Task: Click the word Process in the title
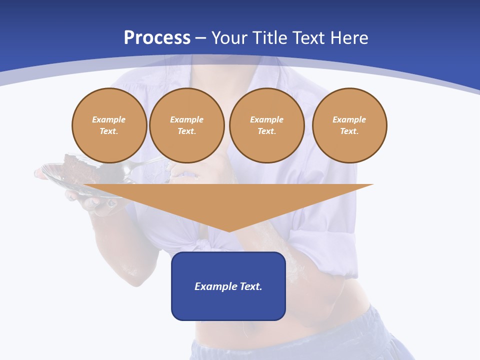pos(157,38)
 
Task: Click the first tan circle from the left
pos(109,125)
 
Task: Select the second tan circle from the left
pos(186,125)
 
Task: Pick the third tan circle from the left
pos(266,125)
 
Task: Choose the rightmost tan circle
pos(349,125)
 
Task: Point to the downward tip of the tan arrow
pos(228,230)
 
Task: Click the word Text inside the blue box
pos(250,286)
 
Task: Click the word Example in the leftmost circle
pos(109,119)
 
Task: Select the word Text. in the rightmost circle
pos(349,131)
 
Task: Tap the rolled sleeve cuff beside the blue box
pos(327,260)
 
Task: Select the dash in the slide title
pos(201,38)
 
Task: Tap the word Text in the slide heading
pos(308,38)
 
